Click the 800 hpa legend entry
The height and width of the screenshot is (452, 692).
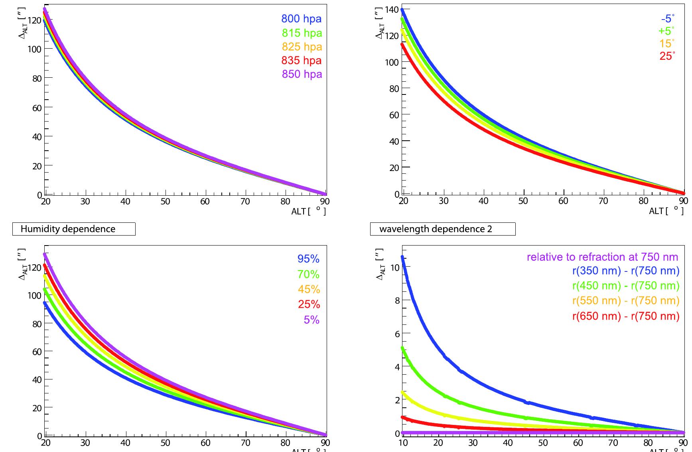[x=301, y=19]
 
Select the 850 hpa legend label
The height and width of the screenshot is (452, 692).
[x=302, y=74]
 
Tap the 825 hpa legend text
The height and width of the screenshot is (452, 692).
[x=302, y=47]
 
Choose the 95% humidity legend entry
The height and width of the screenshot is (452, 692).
[x=308, y=259]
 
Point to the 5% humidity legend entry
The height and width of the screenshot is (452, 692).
[x=311, y=320]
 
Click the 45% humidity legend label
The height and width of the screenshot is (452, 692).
[x=309, y=289]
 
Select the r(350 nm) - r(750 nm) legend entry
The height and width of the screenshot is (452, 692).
[x=625, y=271]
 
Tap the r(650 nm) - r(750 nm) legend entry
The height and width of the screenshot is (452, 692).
[x=625, y=316]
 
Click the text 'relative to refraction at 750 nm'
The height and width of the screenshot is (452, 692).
[x=602, y=257]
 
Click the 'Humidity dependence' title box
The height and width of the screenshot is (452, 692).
[x=74, y=229]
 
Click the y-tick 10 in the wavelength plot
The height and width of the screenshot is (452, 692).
[x=395, y=267]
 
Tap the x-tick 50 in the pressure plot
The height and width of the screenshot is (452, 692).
[x=165, y=202]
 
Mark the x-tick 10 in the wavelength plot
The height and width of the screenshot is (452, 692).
[x=403, y=443]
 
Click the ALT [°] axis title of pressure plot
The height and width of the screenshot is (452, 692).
[x=308, y=211]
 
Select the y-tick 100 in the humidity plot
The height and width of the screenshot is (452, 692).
[x=34, y=295]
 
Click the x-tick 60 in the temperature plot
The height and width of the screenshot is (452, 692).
[x=563, y=201]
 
